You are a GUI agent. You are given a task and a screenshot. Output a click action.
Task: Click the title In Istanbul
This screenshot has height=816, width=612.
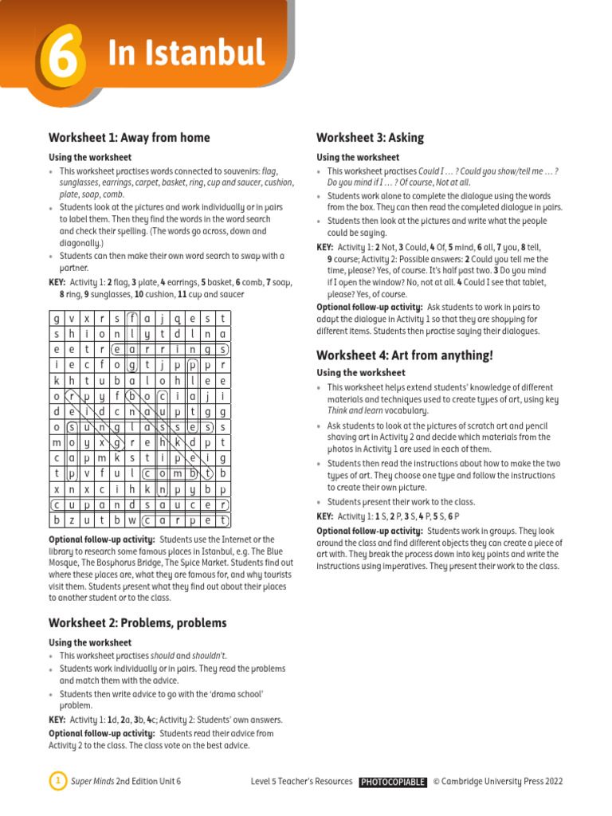tap(186, 54)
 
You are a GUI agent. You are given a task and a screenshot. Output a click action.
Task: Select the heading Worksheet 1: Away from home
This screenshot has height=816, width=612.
tap(129, 138)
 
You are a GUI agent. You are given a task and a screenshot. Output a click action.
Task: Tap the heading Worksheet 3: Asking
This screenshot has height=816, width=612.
tap(370, 138)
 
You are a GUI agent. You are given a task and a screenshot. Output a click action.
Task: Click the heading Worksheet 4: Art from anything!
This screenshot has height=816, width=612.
tap(405, 355)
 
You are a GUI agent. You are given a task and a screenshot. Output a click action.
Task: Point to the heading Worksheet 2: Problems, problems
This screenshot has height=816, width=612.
tap(137, 623)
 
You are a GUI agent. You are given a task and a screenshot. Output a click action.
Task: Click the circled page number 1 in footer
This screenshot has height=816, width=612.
tap(57, 782)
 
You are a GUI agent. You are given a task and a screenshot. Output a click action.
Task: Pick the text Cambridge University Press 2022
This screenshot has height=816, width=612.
tap(502, 782)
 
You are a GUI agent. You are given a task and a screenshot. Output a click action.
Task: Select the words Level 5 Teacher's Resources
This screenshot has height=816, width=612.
tap(301, 782)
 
